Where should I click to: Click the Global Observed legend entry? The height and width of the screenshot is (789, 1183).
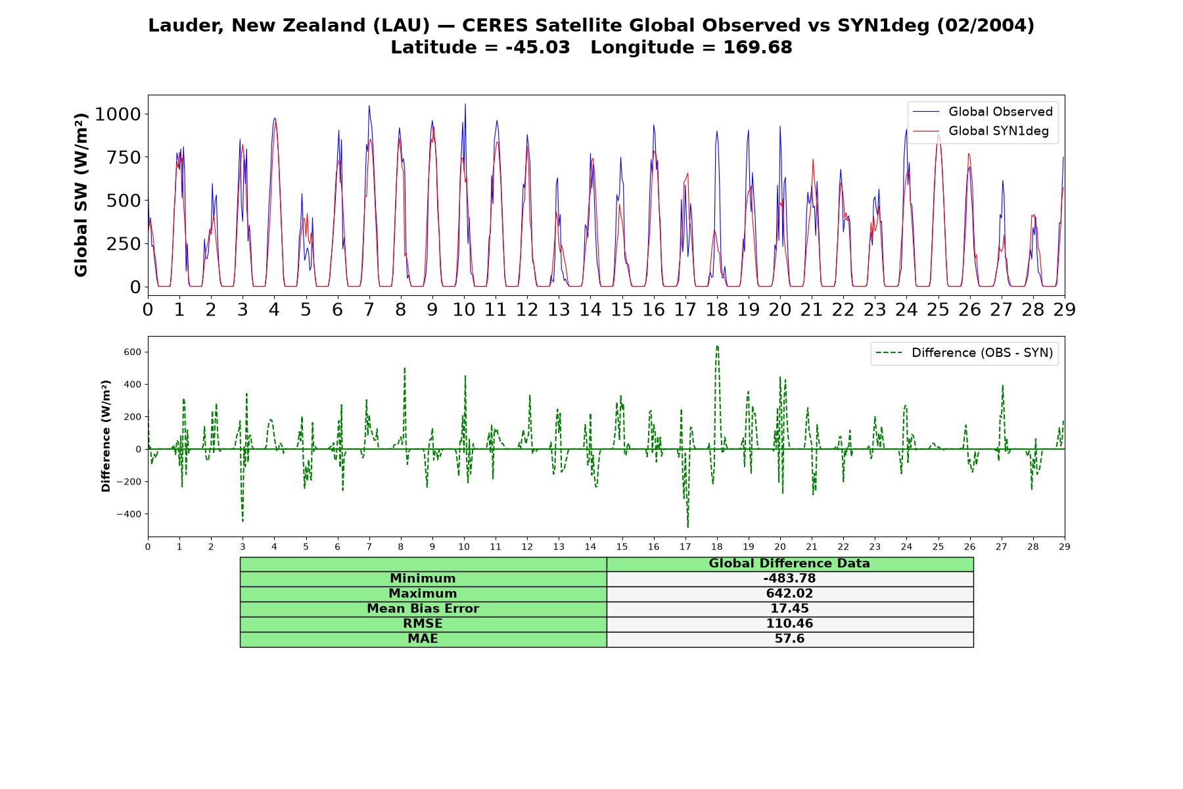(983, 112)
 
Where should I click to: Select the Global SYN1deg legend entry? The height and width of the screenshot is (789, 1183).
(981, 131)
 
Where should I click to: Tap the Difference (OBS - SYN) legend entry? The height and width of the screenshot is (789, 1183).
(964, 353)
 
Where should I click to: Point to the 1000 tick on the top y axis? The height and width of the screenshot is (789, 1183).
(118, 114)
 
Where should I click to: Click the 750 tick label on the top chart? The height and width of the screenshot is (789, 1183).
(124, 157)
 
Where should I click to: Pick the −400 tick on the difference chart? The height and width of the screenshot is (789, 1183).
(129, 514)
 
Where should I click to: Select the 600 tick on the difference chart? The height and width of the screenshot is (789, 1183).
(133, 352)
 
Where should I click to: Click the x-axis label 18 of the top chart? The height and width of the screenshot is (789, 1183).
(716, 309)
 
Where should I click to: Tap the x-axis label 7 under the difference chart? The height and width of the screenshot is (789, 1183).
(369, 546)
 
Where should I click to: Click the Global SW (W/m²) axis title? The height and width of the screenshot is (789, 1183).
(81, 195)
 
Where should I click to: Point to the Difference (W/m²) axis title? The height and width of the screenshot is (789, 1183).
(106, 436)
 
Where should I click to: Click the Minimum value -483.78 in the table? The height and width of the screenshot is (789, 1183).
(789, 579)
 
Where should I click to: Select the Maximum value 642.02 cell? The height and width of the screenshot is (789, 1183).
(789, 594)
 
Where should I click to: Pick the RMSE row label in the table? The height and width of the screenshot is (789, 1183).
(423, 624)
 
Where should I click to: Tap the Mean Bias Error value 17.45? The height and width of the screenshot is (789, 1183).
(789, 609)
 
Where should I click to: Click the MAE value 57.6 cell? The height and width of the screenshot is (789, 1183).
(789, 639)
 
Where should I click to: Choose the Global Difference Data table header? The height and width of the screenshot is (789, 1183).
(789, 563)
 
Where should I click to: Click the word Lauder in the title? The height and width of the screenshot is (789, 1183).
(187, 26)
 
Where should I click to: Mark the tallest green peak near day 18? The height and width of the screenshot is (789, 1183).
(716, 346)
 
